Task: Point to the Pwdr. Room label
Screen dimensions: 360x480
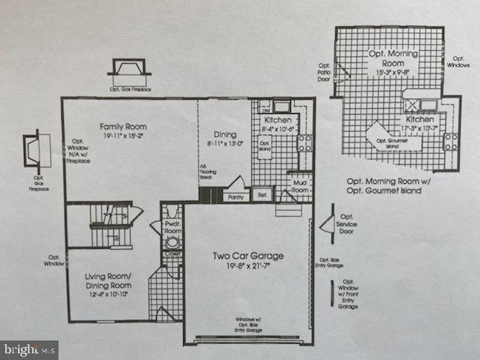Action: [x=172, y=229]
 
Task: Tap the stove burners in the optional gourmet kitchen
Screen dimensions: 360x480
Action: [x=450, y=141]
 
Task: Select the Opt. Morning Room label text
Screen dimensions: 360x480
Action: [x=392, y=58]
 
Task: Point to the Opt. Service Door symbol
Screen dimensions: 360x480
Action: [x=327, y=223]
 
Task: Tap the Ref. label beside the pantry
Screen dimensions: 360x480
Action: [x=262, y=196]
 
